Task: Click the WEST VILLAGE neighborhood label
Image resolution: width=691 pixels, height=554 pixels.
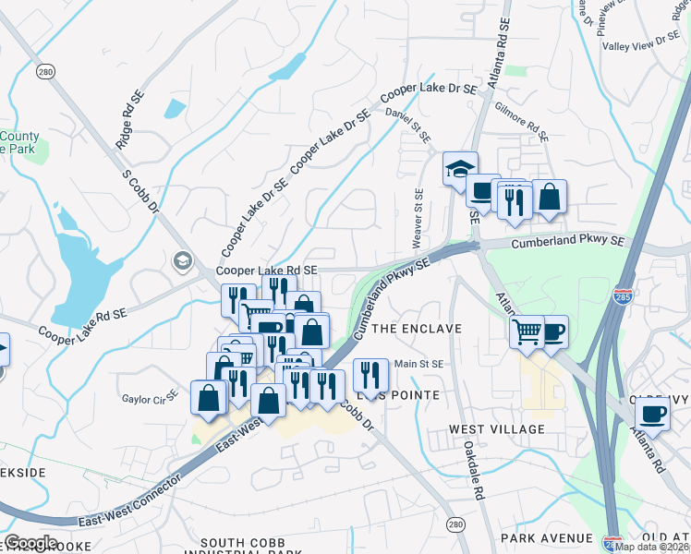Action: pyautogui.click(x=497, y=429)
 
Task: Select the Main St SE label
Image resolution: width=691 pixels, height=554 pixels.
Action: pyautogui.click(x=419, y=364)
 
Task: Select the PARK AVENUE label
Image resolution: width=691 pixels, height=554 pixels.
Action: pyautogui.click(x=546, y=537)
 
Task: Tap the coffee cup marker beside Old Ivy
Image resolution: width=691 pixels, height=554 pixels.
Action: pyautogui.click(x=652, y=414)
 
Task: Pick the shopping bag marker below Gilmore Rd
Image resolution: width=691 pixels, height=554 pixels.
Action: pyautogui.click(x=549, y=196)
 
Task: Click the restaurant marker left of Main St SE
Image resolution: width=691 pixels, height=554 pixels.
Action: pyautogui.click(x=370, y=375)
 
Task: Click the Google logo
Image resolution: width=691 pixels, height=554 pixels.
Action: pyautogui.click(x=30, y=543)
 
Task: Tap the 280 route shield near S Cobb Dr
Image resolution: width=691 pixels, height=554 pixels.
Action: pyautogui.click(x=44, y=71)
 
